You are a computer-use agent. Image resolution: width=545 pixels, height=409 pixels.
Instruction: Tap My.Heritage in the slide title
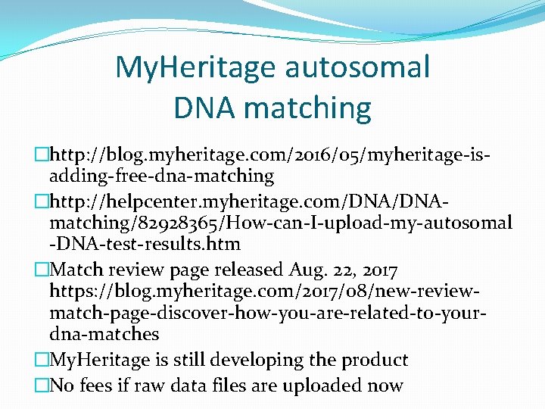tap(195, 67)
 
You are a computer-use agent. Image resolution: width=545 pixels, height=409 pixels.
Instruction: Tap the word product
tap(374, 360)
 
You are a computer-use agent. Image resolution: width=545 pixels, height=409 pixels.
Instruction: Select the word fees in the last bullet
tap(105, 385)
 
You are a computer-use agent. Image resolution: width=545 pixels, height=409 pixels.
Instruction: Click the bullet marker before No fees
tap(42, 385)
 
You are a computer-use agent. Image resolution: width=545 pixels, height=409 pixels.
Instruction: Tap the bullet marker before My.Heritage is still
tap(42, 360)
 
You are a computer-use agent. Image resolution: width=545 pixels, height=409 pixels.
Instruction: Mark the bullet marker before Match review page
tap(42, 269)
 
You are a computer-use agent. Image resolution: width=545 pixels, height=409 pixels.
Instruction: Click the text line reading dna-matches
tap(104, 334)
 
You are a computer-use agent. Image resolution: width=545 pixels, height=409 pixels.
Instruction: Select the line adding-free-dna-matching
tap(161, 176)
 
